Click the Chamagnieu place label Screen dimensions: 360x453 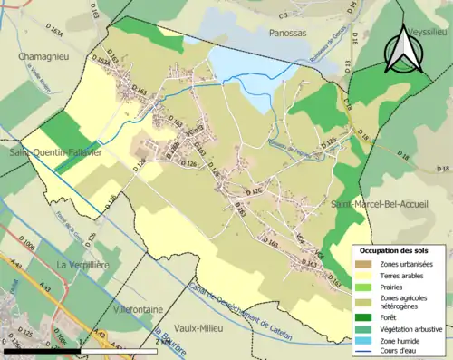[x=44, y=56]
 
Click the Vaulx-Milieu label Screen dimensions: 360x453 [x=215, y=330]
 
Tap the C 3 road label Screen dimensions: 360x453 [x=284, y=15]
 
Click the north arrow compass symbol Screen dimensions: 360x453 [x=400, y=50]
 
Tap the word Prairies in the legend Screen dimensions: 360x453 [x=390, y=287]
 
